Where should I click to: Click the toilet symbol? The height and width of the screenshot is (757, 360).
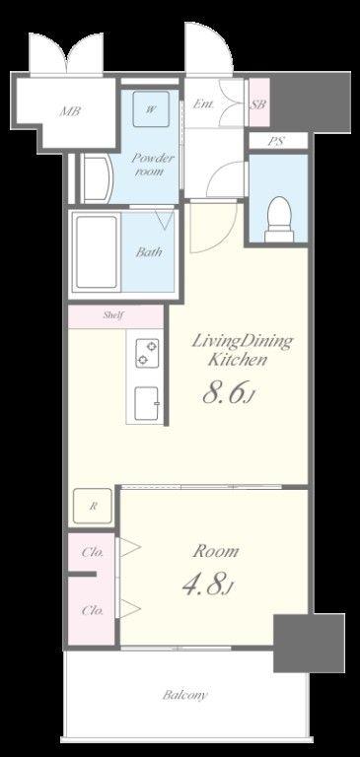point(279,219)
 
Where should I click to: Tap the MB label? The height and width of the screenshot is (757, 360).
point(70,111)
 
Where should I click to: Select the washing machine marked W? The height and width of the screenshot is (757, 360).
point(151,109)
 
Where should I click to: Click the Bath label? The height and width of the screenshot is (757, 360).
point(148,251)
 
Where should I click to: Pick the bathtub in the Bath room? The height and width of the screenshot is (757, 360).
point(97,252)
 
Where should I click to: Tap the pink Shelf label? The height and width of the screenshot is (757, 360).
point(114,315)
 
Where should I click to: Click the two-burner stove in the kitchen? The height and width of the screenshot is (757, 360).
point(147,354)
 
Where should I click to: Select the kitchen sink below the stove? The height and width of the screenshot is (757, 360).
point(147,403)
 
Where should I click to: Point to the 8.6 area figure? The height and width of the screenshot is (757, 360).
point(228,393)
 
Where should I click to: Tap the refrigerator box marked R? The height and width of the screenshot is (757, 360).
point(93,506)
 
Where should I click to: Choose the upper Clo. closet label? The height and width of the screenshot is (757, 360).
point(93,553)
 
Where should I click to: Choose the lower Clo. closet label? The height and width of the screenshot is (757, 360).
point(93,611)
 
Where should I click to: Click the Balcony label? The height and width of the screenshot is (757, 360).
point(185,695)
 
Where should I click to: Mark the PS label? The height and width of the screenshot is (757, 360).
point(276,142)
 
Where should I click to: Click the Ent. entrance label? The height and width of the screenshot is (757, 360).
point(203,104)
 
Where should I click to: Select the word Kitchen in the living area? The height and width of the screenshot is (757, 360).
point(238,359)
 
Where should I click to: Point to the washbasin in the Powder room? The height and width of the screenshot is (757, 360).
point(97,178)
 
